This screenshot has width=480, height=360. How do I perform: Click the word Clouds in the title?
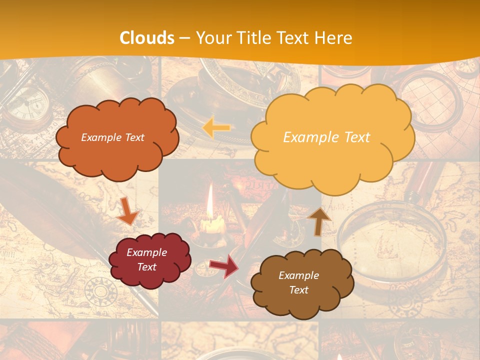click(x=147, y=38)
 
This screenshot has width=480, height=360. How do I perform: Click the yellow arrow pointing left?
click(x=216, y=128)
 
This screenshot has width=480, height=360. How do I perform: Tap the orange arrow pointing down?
click(x=127, y=211)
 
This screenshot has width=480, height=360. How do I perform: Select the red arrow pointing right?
click(x=224, y=266)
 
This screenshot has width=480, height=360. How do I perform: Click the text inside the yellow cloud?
click(x=326, y=137)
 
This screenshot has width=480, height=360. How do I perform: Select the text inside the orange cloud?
click(x=112, y=137)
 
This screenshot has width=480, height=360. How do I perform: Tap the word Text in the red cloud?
click(x=146, y=267)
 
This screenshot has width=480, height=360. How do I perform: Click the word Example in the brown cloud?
click(x=298, y=275)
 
